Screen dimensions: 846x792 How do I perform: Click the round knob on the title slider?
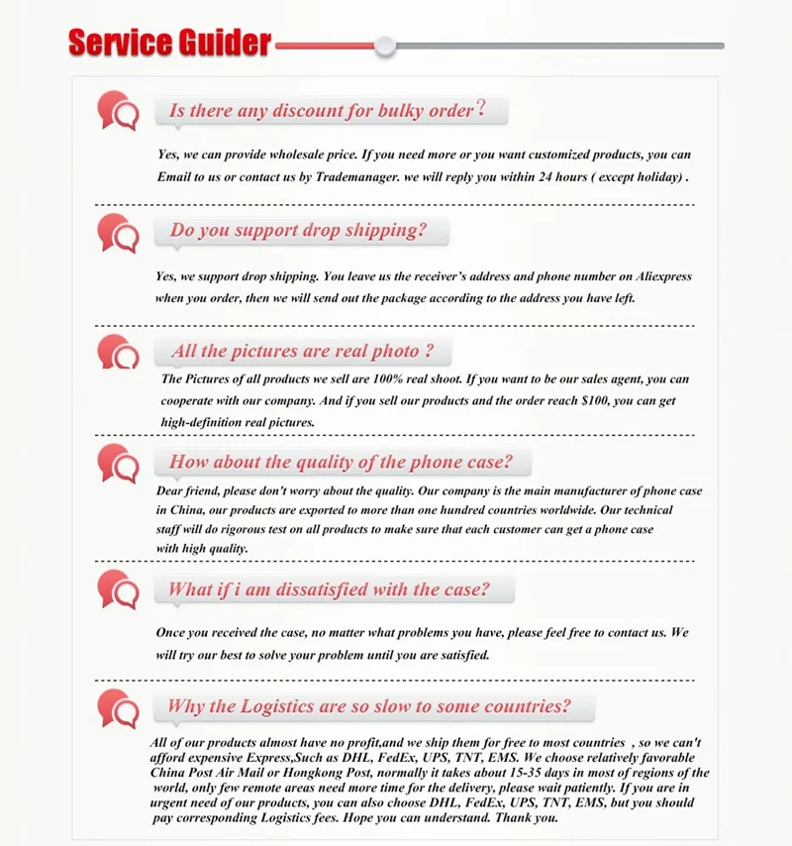click(385, 46)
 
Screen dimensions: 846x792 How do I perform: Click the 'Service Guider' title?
click(169, 43)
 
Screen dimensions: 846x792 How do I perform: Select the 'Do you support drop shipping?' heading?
click(298, 230)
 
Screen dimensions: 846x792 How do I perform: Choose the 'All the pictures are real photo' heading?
click(302, 351)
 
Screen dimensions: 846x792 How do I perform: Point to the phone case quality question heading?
click(341, 462)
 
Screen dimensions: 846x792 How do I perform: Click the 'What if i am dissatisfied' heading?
click(329, 589)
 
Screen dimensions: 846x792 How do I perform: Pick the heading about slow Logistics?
click(369, 706)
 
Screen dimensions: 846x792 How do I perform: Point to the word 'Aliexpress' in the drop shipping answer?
click(656, 277)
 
